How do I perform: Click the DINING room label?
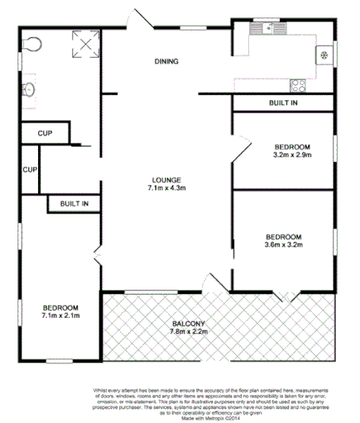pos(166,62)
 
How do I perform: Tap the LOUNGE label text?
pos(166,180)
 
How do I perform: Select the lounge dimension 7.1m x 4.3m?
pos(166,188)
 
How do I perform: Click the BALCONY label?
pos(190,323)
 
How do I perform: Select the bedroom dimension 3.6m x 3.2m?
pos(283,244)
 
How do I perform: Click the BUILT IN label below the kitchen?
pos(283,103)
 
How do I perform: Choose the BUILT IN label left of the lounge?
pos(73,203)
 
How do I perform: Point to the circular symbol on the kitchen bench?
pos(324,56)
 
